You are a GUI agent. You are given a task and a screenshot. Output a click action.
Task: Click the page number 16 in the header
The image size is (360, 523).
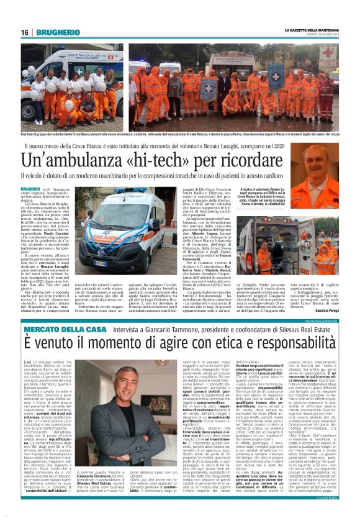[25, 32]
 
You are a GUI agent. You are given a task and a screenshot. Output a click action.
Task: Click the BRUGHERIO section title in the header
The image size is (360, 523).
[56, 32]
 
